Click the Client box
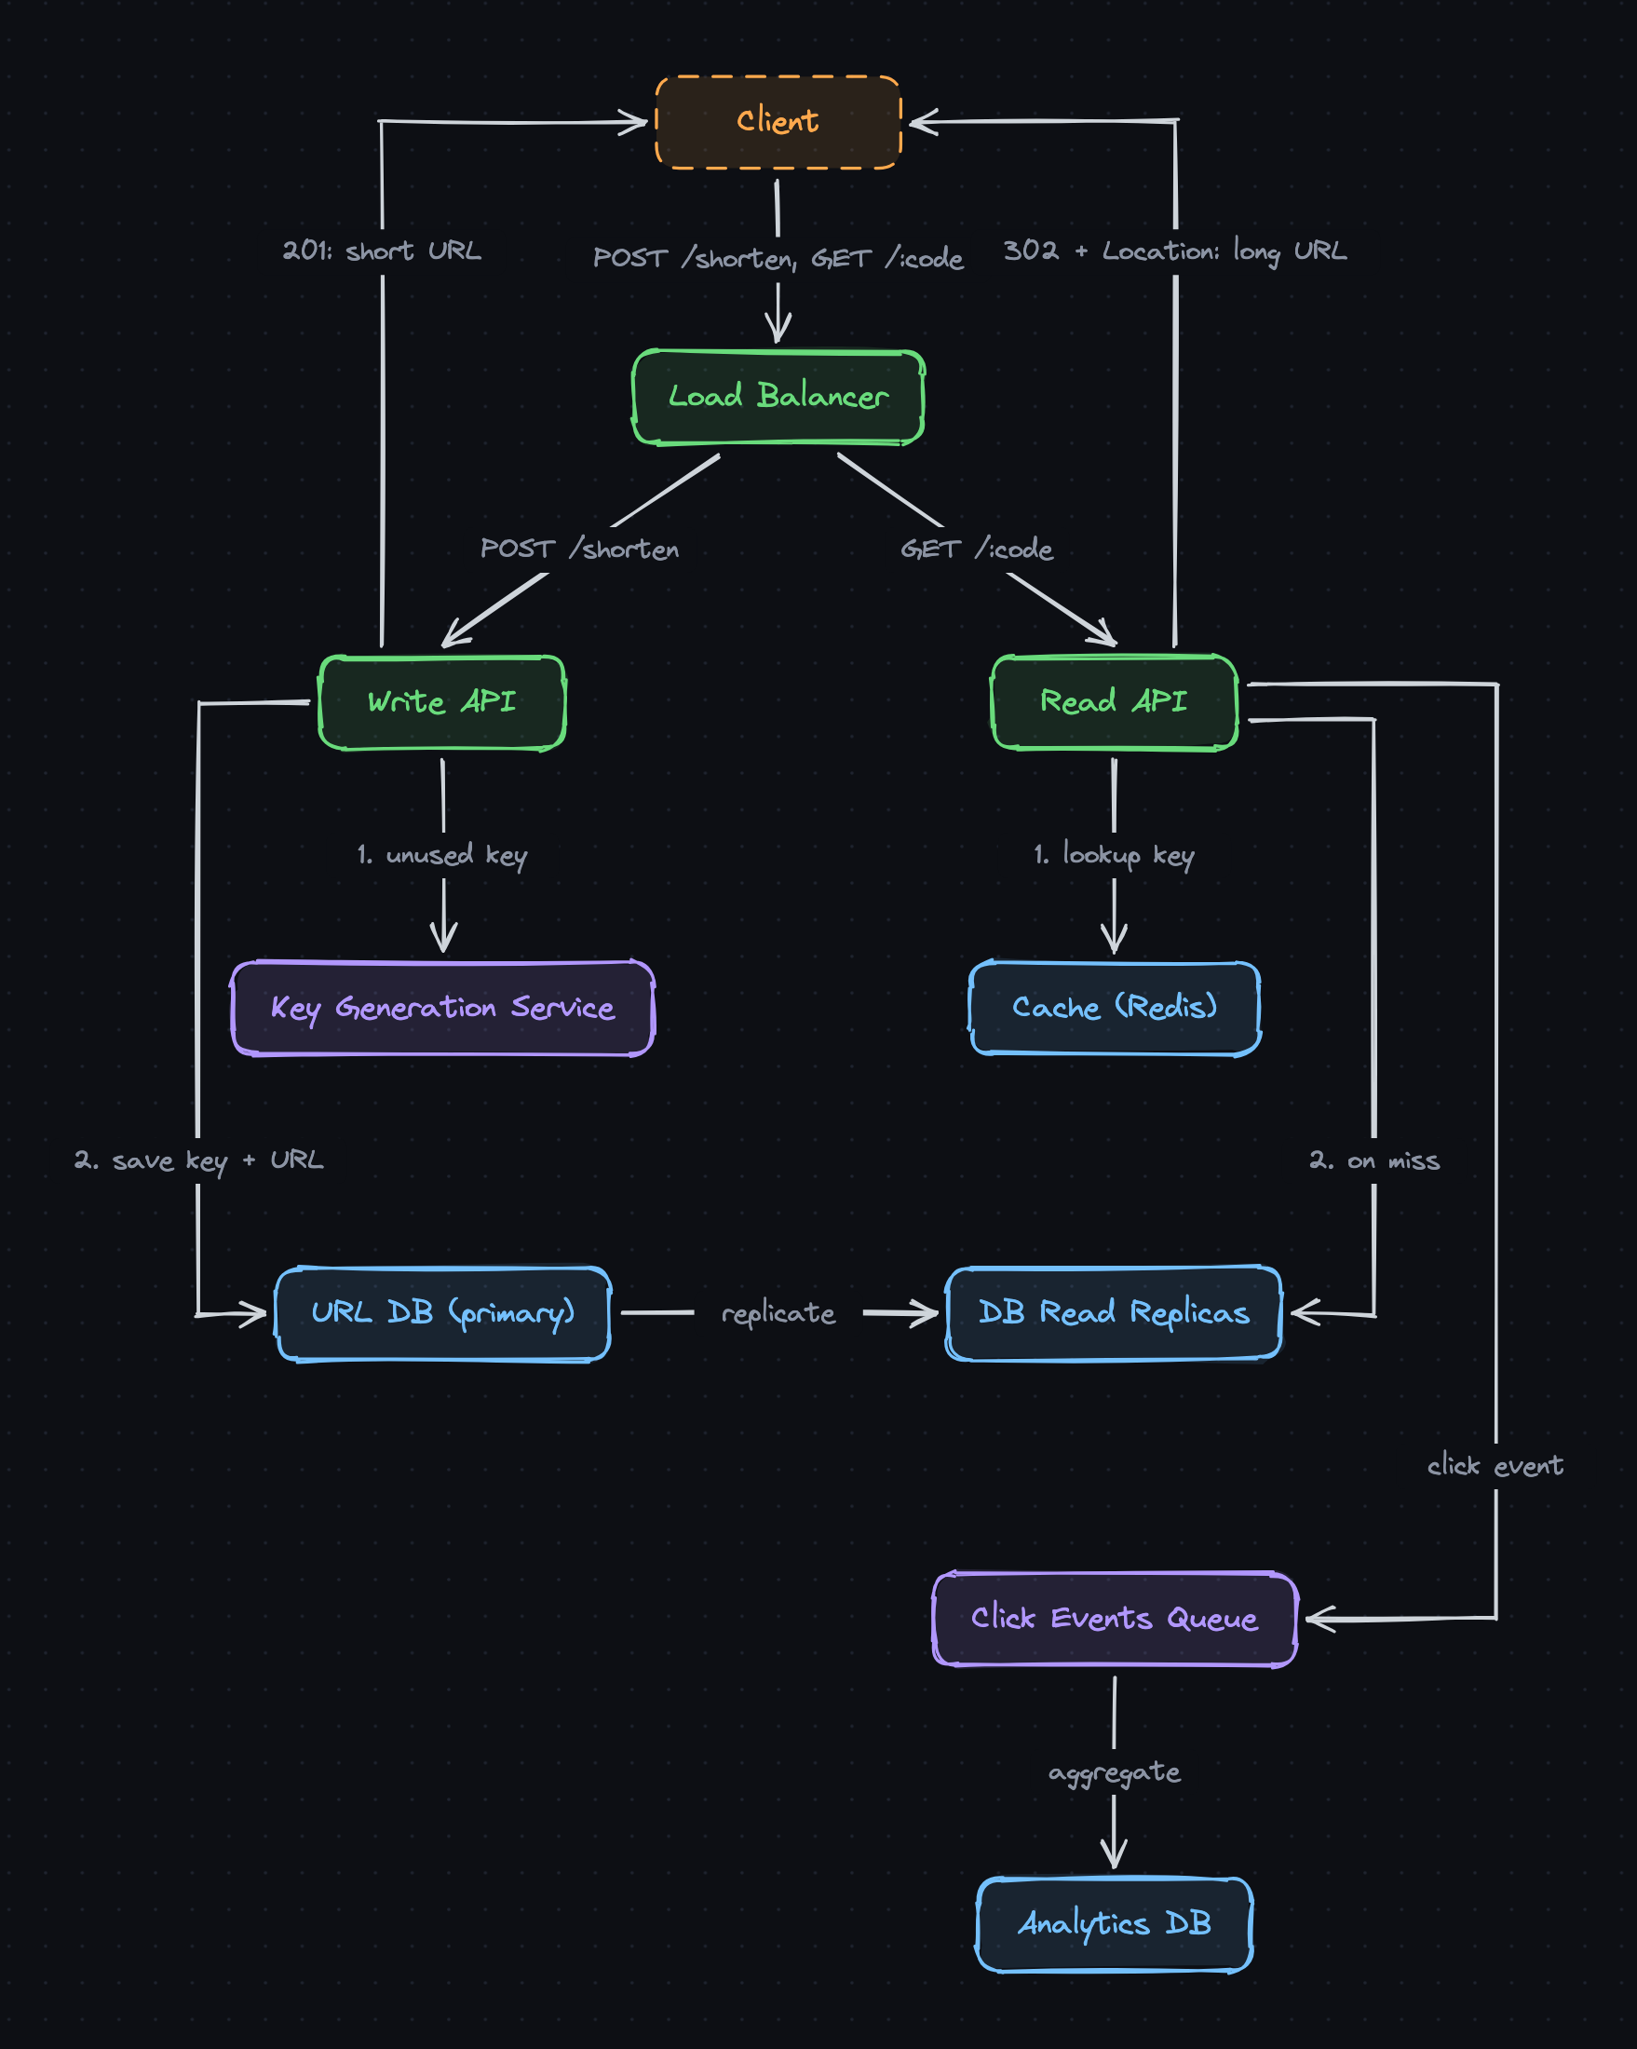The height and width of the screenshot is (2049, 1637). pyautogui.click(x=778, y=122)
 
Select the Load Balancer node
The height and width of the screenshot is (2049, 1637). pyautogui.click(x=778, y=397)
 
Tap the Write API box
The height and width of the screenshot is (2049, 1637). pyautogui.click(x=442, y=702)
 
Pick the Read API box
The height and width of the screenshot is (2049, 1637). pyautogui.click(x=1115, y=702)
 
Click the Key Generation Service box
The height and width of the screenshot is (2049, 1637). pyautogui.click(x=442, y=1009)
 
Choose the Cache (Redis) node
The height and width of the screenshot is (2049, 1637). pyautogui.click(x=1115, y=1009)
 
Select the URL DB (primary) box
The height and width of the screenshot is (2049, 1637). pyautogui.click(x=442, y=1314)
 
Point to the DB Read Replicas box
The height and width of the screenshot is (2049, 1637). pyautogui.click(x=1115, y=1314)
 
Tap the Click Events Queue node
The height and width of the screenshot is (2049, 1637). pyautogui.click(x=1115, y=1620)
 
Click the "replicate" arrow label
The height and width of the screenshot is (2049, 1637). pyautogui.click(x=778, y=1314)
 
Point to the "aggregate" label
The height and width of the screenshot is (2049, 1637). pyautogui.click(x=1115, y=1773)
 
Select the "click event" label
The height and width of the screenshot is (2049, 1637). pyautogui.click(x=1495, y=1466)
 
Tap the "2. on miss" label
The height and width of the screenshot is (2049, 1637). pyautogui.click(x=1374, y=1161)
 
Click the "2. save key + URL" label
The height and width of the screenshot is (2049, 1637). pyautogui.click(x=198, y=1161)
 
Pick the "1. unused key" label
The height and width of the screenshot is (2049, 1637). pyautogui.click(x=442, y=855)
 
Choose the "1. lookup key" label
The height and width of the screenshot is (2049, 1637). pyautogui.click(x=1115, y=855)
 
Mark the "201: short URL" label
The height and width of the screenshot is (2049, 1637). pyautogui.click(x=382, y=251)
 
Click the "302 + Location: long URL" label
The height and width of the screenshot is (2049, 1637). pyautogui.click(x=1175, y=251)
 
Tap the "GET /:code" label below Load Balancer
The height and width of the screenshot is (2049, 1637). pyautogui.click(x=977, y=550)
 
